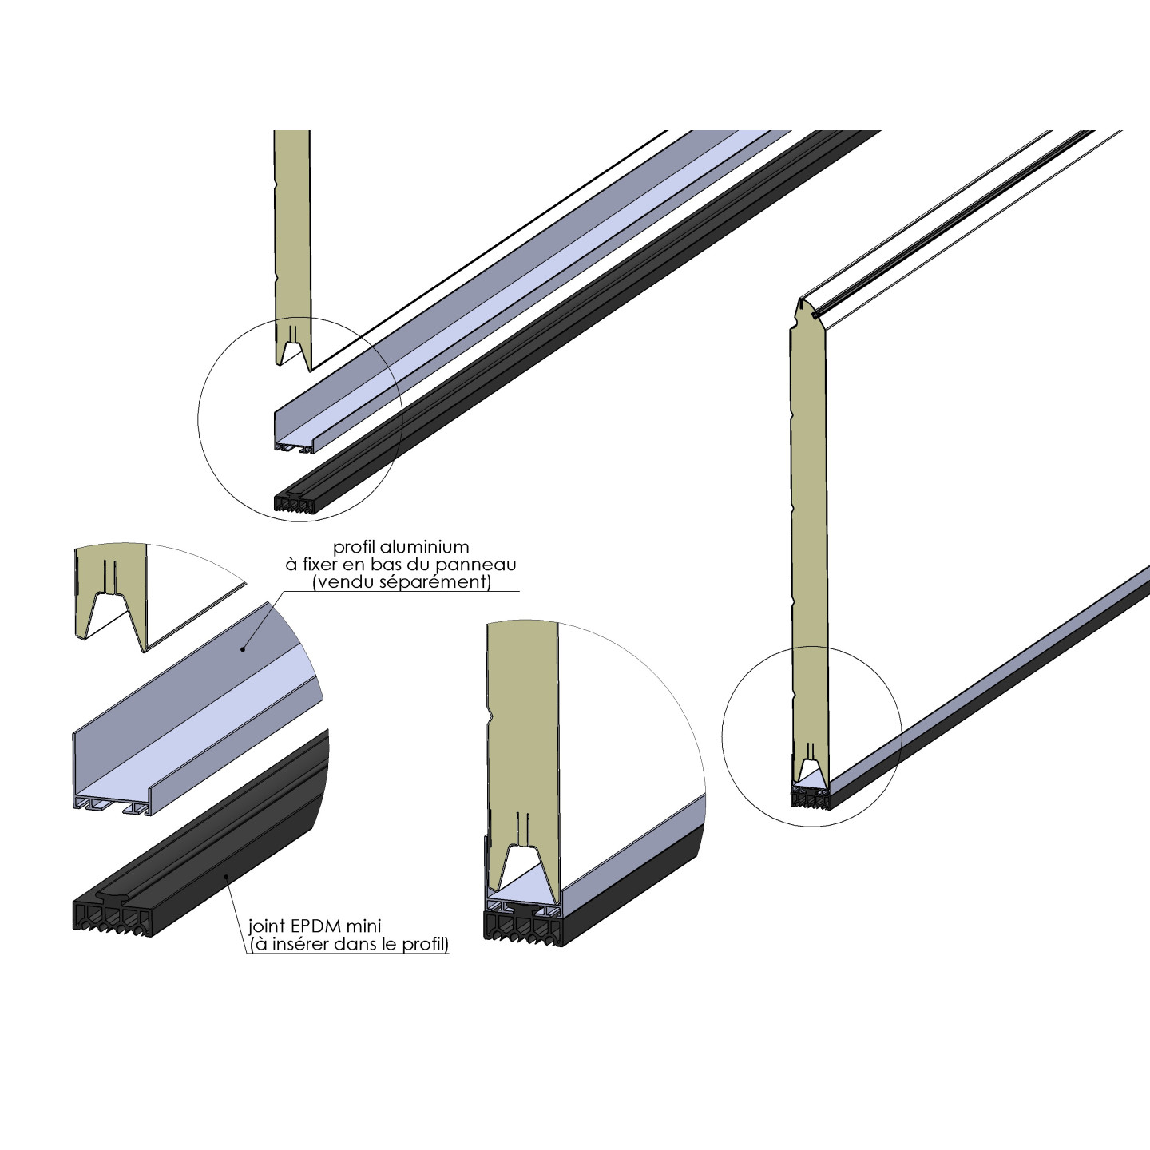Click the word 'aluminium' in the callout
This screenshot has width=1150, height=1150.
pyautogui.click(x=423, y=547)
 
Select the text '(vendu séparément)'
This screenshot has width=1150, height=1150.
pyautogui.click(x=402, y=581)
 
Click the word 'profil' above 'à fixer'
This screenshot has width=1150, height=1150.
pyautogui.click(x=355, y=547)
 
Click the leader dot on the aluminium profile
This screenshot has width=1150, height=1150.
pyautogui.click(x=244, y=650)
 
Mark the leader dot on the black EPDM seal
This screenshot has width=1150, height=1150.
pyautogui.click(x=227, y=877)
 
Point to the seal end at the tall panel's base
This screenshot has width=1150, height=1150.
pyautogui.click(x=809, y=798)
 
